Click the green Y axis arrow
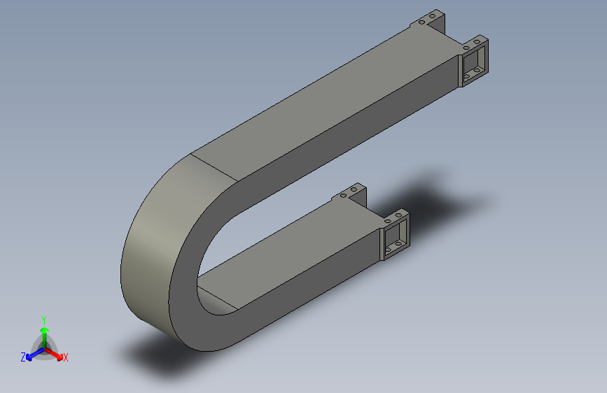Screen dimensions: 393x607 tap(44, 332)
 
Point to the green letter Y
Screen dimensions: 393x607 tap(43, 319)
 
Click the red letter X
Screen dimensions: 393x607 tap(66, 358)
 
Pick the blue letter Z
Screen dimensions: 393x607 tap(23, 357)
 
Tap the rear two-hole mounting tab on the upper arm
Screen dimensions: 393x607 tap(429, 20)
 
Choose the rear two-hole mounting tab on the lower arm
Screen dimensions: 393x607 tap(351, 194)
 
